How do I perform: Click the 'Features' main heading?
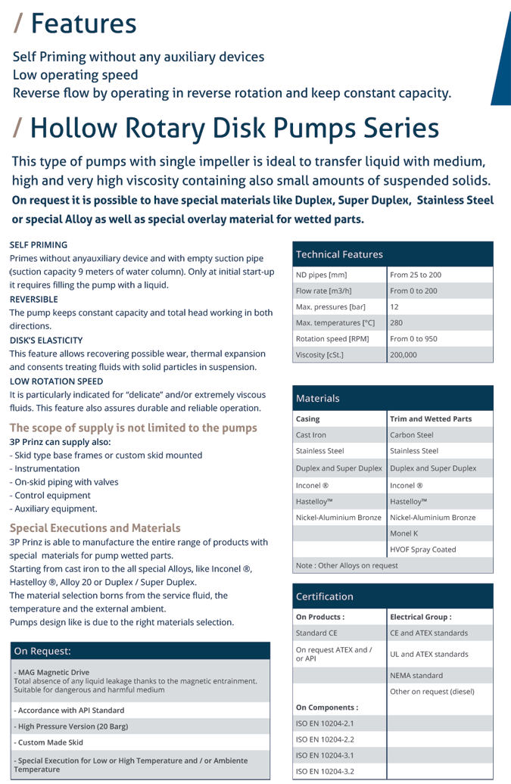coord(83,23)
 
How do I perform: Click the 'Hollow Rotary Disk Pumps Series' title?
coord(234,128)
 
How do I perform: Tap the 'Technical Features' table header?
coord(339,254)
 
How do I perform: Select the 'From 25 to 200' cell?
coord(416,275)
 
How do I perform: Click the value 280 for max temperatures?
coord(397,323)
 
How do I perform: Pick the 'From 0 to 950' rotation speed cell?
coord(413,339)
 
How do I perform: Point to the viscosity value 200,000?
coord(404,354)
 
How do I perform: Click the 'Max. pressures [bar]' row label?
coord(330,307)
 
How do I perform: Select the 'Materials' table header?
coord(318,398)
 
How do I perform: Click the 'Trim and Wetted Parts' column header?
coord(431,418)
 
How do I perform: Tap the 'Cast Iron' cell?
coord(310,435)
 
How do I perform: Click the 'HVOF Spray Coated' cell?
coord(422,549)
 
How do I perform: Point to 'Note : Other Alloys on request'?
coord(347,565)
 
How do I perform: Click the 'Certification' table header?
coord(325,596)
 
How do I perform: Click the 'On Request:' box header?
coord(42,651)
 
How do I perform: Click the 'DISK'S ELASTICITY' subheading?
coord(46,340)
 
